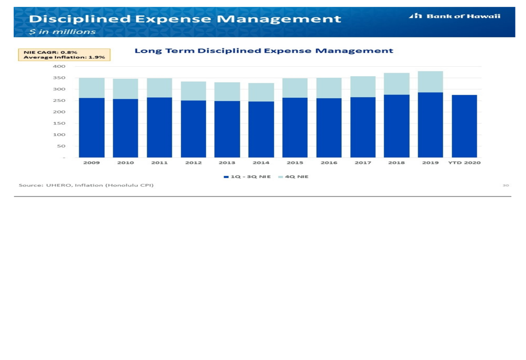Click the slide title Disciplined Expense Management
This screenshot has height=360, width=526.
pyautogui.click(x=185, y=19)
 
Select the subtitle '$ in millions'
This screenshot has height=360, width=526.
pyautogui.click(x=62, y=32)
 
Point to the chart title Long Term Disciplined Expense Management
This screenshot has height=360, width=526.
pyautogui.click(x=264, y=51)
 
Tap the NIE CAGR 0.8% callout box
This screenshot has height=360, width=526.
pyautogui.click(x=64, y=55)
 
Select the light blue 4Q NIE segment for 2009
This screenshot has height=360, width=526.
pyautogui.click(x=92, y=88)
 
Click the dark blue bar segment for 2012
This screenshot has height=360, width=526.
pyautogui.click(x=193, y=129)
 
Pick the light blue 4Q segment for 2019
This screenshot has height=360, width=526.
pyautogui.click(x=430, y=82)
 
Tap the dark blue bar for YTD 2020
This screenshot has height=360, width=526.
pyautogui.click(x=464, y=126)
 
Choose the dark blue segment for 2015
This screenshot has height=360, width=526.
pyautogui.click(x=295, y=128)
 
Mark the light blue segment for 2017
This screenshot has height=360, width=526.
pyautogui.click(x=363, y=87)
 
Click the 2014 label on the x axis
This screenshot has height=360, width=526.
pyautogui.click(x=261, y=163)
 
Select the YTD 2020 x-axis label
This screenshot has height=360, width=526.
pyautogui.click(x=464, y=163)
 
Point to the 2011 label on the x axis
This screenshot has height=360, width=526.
pyautogui.click(x=159, y=163)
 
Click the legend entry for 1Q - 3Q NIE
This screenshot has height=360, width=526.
pyautogui.click(x=247, y=177)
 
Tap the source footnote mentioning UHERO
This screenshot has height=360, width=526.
pyautogui.click(x=86, y=185)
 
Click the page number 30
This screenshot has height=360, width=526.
pyautogui.click(x=506, y=185)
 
